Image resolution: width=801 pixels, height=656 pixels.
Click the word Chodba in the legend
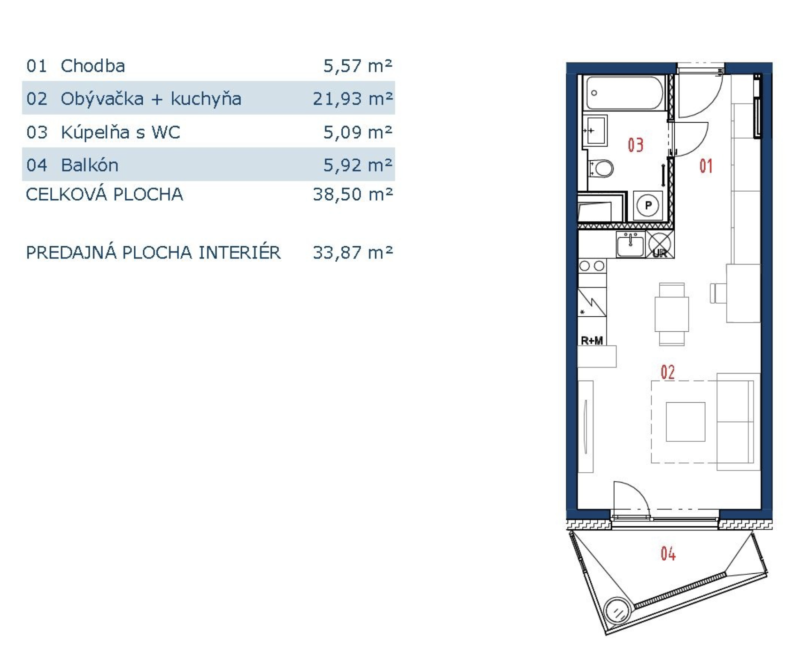click(x=93, y=66)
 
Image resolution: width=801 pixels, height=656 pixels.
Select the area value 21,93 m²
click(x=353, y=99)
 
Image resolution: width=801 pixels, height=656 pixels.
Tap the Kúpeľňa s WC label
click(x=121, y=132)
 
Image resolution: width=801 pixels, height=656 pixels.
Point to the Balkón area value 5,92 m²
click(x=358, y=165)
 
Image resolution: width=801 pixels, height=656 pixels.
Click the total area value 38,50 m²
click(x=353, y=194)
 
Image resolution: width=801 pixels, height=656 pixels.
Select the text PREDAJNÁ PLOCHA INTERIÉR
click(x=154, y=252)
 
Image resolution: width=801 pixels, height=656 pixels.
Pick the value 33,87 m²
click(x=353, y=253)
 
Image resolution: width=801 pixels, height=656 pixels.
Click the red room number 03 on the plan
click(x=636, y=145)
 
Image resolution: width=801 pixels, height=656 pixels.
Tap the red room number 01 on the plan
click(x=706, y=166)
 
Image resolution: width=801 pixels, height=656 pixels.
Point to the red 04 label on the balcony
click(x=668, y=554)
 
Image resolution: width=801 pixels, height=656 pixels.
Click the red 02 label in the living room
click(x=668, y=372)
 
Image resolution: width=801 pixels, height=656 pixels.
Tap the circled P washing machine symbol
click(x=648, y=205)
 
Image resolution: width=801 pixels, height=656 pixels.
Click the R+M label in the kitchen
click(x=592, y=340)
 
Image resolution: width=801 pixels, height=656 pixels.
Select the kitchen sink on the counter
click(x=630, y=244)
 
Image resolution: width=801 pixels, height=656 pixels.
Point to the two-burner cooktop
click(x=592, y=266)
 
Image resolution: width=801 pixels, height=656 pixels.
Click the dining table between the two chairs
click(x=672, y=314)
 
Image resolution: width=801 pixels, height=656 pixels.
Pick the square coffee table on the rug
click(x=685, y=422)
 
